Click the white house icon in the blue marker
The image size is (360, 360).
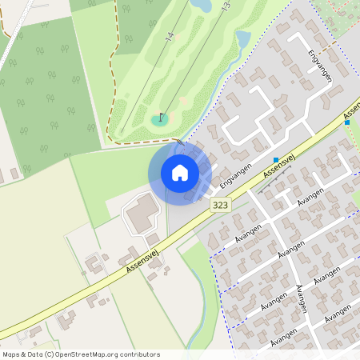pos(179,172)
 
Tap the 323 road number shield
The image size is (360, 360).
pos(221,206)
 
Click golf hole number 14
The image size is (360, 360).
pos(169,38)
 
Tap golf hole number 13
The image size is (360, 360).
pos(226,6)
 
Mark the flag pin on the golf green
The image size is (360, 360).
pos(161,118)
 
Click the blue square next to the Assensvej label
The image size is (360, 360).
pos(276,160)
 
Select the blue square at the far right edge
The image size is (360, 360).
pos(347,122)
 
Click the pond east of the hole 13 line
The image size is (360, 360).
pos(242,38)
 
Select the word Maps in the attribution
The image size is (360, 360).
pos(12,354)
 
